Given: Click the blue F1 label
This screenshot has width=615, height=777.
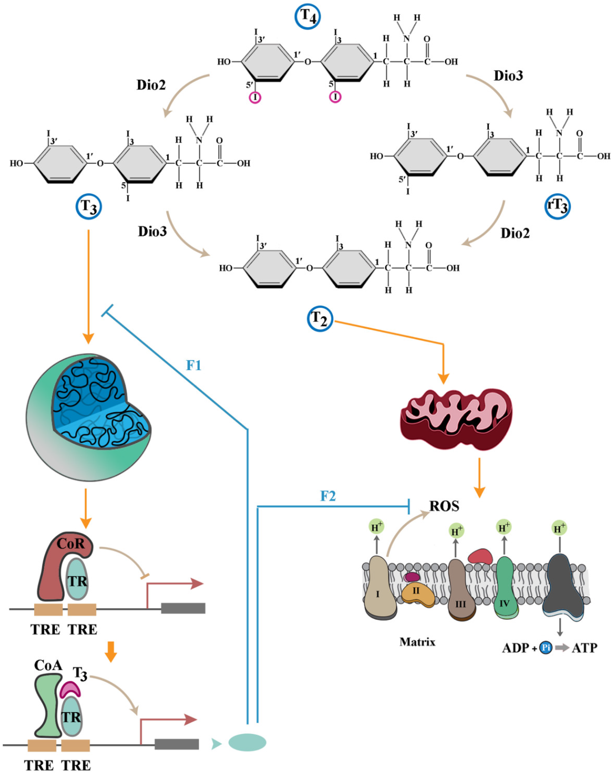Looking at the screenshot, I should click(x=193, y=365).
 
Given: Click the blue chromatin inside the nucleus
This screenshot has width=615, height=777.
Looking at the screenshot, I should click(x=97, y=403).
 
